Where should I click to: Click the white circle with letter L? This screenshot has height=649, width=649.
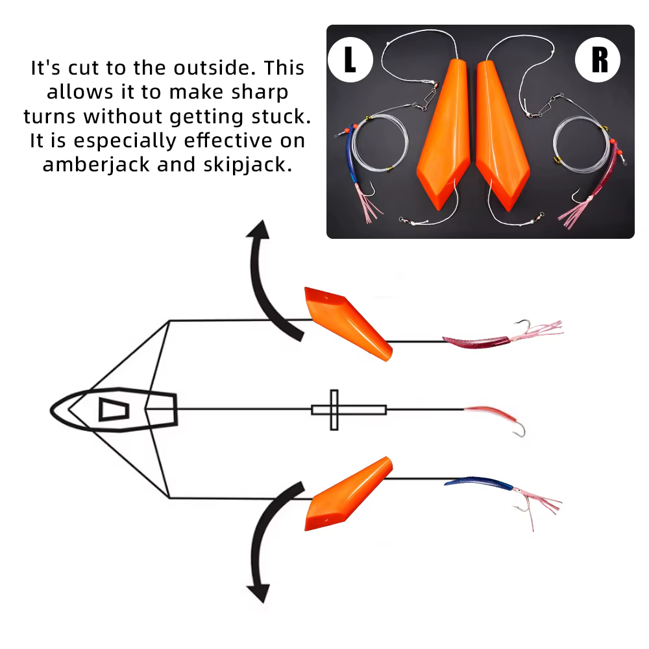(x=350, y=60)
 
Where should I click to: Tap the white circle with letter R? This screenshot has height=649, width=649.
(x=598, y=60)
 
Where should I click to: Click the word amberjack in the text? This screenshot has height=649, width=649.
(x=96, y=165)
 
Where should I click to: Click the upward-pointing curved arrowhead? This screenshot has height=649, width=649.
(x=259, y=230)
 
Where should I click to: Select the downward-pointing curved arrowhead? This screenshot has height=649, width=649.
(x=259, y=593)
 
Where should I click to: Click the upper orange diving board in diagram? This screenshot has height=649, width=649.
(x=348, y=323)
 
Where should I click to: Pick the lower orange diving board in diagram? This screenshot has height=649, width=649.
(x=348, y=494)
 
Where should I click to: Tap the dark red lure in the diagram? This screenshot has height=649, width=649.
(x=476, y=342)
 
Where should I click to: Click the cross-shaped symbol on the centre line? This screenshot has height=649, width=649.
(x=334, y=410)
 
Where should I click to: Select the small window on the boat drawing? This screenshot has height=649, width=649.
(x=114, y=410)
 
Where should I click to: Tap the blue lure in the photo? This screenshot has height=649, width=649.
(x=352, y=155)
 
